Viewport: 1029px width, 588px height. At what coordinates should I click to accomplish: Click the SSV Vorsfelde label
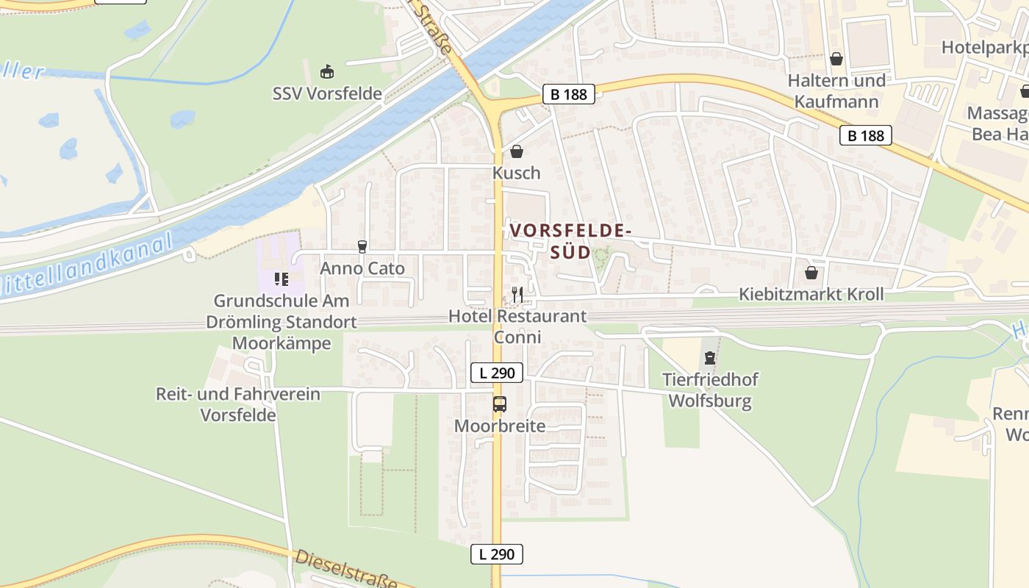327,93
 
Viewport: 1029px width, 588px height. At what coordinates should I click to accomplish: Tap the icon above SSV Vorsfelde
327,72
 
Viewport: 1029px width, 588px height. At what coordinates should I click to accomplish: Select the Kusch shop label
516,173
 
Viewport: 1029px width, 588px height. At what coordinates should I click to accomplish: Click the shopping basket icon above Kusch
517,151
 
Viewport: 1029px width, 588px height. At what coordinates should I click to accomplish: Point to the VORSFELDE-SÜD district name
570,241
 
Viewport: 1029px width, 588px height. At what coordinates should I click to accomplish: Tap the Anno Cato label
362,268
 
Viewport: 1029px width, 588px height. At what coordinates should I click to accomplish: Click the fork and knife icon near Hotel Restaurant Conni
517,295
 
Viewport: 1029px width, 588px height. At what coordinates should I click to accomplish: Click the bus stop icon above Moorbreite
500,404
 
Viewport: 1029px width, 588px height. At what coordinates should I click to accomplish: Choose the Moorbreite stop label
500,426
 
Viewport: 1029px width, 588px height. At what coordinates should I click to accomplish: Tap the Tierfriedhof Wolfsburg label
710,390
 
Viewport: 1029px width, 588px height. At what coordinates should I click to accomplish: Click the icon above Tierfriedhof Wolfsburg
709,359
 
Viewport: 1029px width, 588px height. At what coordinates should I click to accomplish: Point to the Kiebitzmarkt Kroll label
811,294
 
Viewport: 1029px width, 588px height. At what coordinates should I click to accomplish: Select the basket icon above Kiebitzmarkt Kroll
811,273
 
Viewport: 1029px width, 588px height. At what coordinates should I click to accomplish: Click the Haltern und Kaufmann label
836,90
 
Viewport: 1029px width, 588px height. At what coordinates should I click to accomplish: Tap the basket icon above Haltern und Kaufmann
836,59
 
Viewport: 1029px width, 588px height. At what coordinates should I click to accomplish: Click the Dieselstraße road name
345,569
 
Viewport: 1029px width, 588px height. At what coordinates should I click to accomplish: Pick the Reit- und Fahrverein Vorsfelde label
238,404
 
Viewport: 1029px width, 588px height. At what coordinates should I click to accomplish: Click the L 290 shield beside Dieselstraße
497,554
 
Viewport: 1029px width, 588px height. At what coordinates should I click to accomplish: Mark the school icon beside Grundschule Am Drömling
280,278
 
